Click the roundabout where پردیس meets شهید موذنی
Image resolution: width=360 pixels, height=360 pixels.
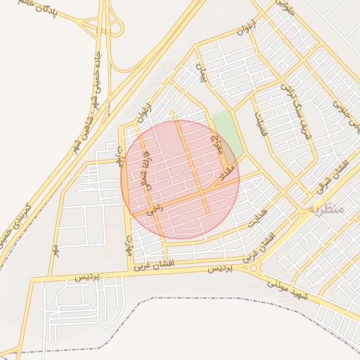[253, 268]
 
